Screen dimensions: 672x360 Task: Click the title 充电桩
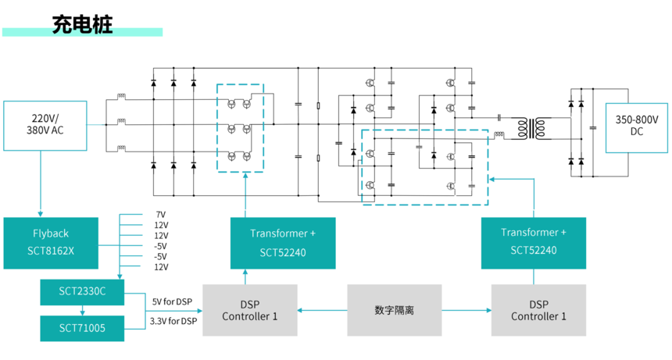click(x=82, y=24)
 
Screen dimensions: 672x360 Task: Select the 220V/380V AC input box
click(x=45, y=126)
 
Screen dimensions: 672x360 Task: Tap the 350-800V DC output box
click(x=636, y=127)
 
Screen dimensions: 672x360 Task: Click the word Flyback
click(x=51, y=233)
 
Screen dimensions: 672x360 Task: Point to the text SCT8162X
click(x=51, y=251)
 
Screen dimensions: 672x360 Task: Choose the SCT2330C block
click(x=82, y=292)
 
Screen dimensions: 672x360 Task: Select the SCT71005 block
click(x=82, y=328)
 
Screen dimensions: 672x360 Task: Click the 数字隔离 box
click(x=395, y=310)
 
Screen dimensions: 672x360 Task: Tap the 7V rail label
click(x=161, y=215)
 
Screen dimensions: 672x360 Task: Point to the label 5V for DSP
click(x=172, y=301)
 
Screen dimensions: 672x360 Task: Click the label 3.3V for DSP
click(x=173, y=321)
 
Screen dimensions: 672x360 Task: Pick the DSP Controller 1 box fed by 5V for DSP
click(x=250, y=310)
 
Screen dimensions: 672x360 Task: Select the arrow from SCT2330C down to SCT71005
click(x=82, y=311)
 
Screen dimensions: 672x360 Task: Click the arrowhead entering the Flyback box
click(x=41, y=214)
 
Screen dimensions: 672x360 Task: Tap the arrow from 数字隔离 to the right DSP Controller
click(x=466, y=310)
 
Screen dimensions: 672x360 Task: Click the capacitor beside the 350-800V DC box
click(x=593, y=127)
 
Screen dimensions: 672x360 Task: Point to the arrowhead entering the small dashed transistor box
click(x=245, y=176)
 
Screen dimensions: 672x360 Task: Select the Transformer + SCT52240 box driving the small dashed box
click(x=283, y=243)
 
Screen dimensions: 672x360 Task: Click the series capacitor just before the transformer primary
click(x=499, y=117)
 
